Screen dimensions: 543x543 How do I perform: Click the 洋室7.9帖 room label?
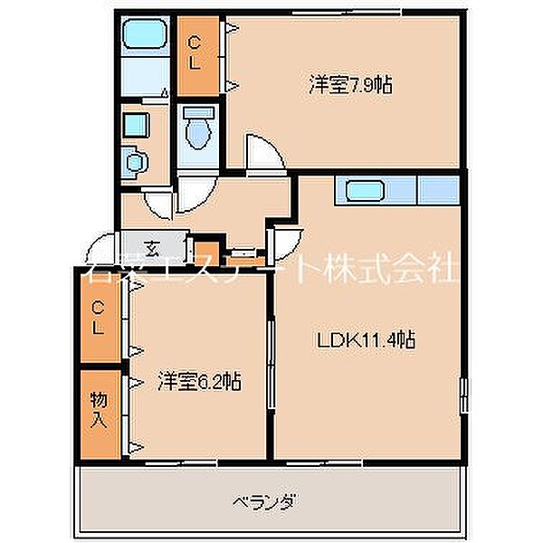point(349,86)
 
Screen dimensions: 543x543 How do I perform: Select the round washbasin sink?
point(137,161)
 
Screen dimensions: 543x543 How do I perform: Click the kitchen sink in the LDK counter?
point(362,192)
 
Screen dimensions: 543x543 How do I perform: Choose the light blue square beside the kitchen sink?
point(437,192)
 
